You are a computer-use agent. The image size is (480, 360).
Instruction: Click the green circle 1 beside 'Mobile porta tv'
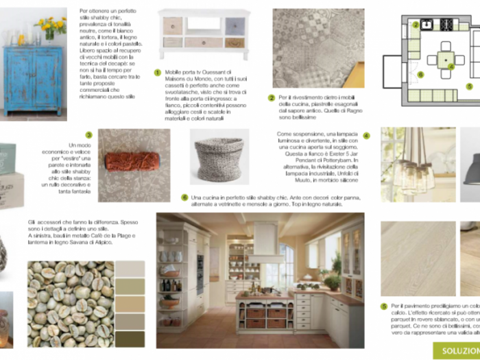[x=158, y=72]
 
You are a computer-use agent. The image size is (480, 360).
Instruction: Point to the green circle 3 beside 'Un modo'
[x=88, y=135]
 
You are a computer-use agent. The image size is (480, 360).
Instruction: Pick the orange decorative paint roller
[x=132, y=162]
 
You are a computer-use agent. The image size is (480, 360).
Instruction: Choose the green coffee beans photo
[x=70, y=302]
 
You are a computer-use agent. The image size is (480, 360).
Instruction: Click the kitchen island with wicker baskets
[x=263, y=316]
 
